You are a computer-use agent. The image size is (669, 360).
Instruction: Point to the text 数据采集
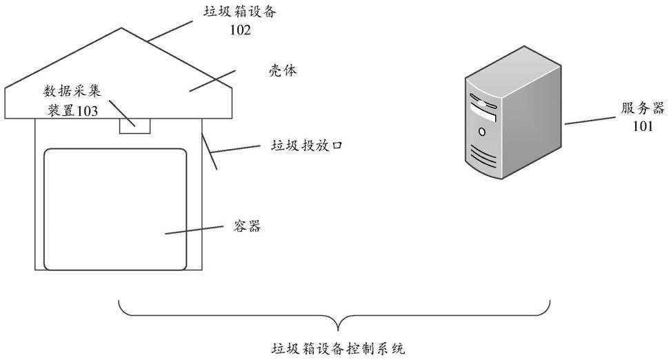click(x=72, y=92)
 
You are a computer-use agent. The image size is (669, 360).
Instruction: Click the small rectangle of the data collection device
click(x=134, y=125)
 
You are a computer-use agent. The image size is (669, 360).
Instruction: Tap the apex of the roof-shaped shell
click(x=122, y=28)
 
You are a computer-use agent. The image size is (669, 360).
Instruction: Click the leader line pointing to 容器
click(x=199, y=229)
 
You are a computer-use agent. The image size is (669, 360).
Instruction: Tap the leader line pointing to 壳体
click(x=213, y=80)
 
